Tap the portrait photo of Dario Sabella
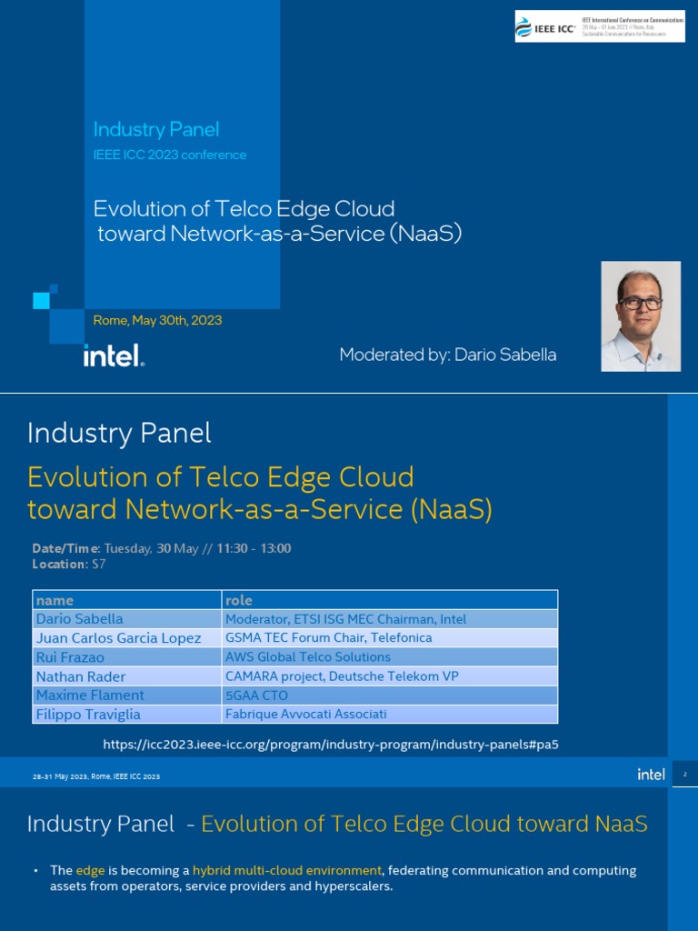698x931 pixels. [x=641, y=316]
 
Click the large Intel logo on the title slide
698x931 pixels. [x=114, y=355]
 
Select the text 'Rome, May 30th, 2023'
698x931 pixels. [x=157, y=320]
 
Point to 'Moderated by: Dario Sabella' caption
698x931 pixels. [x=447, y=355]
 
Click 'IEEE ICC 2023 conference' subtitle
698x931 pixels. [x=170, y=155]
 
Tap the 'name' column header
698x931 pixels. [x=55, y=600]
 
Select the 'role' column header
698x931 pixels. [x=239, y=600]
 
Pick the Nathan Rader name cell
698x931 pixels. [x=81, y=676]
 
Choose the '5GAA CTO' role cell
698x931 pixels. [x=256, y=696]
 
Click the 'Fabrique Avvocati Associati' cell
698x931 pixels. [x=305, y=715]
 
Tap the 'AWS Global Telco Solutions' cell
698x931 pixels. [x=308, y=657]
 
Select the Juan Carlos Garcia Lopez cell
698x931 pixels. [x=118, y=638]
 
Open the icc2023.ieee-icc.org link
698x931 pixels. [x=331, y=745]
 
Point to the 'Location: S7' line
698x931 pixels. [x=69, y=564]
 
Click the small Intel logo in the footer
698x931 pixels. [x=651, y=775]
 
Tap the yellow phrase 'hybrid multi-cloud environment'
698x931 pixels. [x=287, y=870]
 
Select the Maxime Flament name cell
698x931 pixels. [x=90, y=696]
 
